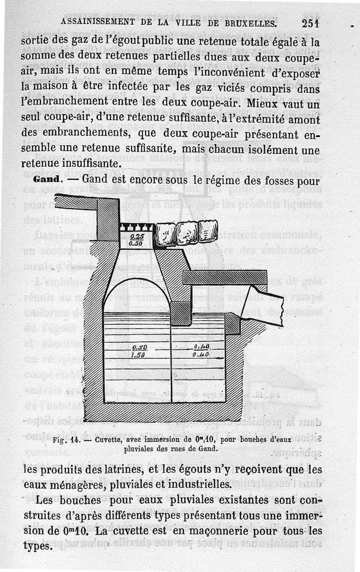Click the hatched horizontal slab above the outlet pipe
tap(225, 277)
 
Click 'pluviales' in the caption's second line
tap(139, 448)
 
